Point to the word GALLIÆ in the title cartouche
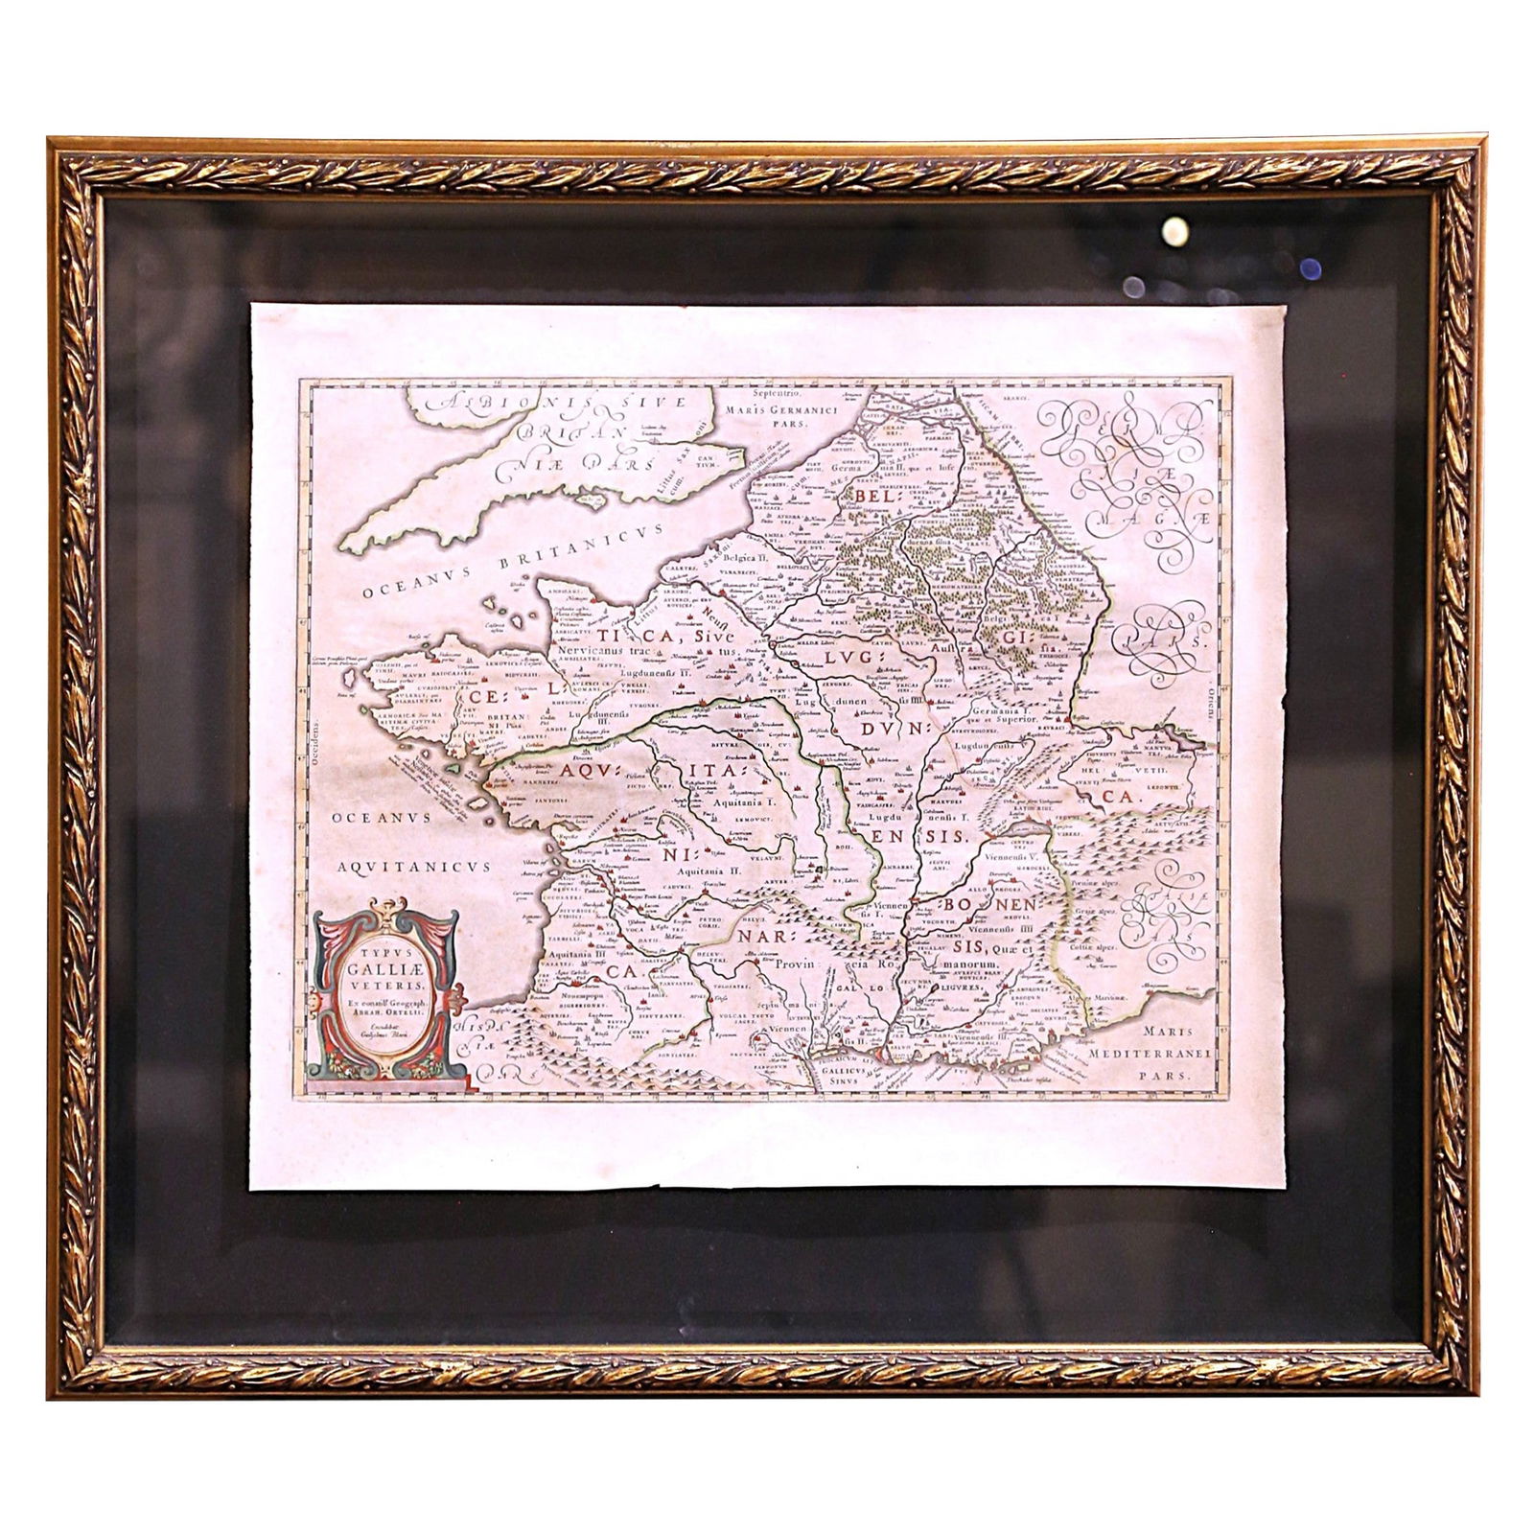pos(383,969)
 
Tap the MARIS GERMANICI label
pos(782,411)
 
